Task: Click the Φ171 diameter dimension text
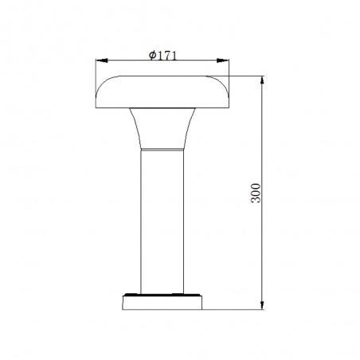162,55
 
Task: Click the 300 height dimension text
255,191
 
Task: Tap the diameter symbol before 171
152,55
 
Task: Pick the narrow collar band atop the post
162,149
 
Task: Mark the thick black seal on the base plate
162,295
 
